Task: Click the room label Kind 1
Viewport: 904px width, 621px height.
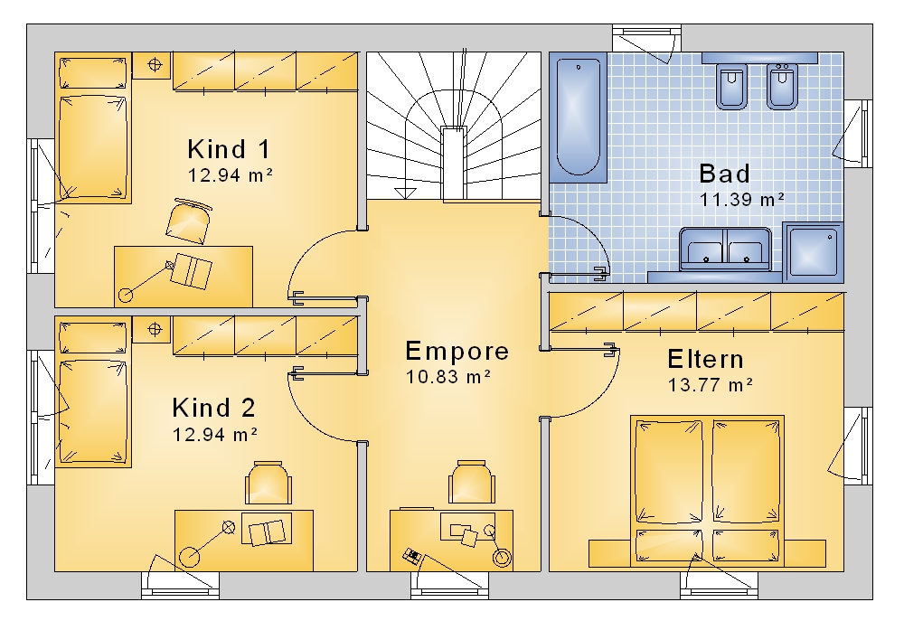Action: tap(229, 149)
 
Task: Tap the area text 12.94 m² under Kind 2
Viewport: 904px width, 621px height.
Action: tap(215, 434)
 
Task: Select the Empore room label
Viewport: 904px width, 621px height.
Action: tap(457, 351)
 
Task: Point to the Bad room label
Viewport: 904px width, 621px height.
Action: tap(725, 174)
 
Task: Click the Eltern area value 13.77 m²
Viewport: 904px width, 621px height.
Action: tap(711, 384)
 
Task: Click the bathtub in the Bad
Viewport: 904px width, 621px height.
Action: tap(579, 117)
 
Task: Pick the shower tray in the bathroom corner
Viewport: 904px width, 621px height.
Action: tap(813, 252)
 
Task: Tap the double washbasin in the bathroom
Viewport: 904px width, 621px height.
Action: tap(725, 249)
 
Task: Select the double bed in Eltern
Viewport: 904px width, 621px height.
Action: tap(707, 491)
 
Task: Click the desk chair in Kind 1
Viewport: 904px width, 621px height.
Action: tap(189, 221)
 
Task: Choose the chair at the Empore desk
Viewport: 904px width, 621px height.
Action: tap(472, 482)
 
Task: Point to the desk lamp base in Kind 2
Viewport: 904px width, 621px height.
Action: tap(189, 557)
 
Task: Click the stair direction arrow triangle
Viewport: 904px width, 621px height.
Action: tap(405, 193)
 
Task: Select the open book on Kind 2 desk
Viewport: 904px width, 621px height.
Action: tap(267, 532)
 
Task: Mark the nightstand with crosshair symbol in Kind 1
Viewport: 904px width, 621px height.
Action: tap(154, 64)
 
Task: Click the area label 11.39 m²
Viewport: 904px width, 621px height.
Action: tap(742, 199)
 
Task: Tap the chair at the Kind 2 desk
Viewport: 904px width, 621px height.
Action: tap(268, 483)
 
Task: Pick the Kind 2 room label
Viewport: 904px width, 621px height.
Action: tap(214, 408)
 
